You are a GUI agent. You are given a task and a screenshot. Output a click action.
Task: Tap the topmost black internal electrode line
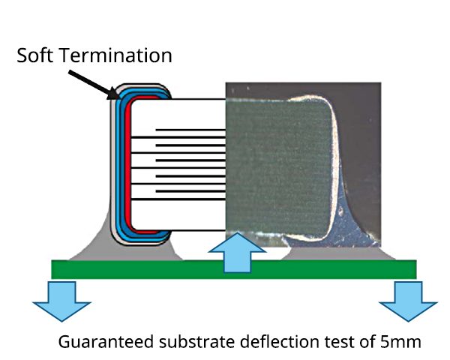[x=190, y=130]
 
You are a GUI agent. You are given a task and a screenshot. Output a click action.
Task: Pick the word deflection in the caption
[x=284, y=342]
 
